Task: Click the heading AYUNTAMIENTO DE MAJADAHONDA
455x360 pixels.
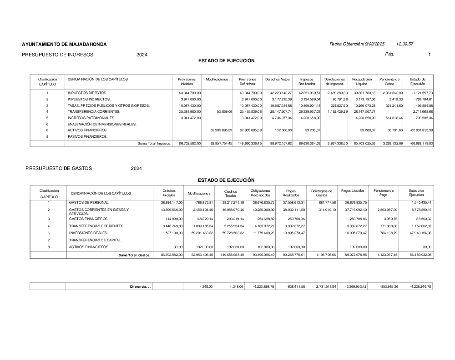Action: tap(64, 44)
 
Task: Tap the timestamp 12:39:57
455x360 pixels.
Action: tap(404, 44)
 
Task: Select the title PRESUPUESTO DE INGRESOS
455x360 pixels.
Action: tap(57, 55)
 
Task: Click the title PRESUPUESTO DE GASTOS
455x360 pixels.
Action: tap(59, 168)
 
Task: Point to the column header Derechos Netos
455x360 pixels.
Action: tap(278, 79)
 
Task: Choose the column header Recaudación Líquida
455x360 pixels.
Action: tap(362, 81)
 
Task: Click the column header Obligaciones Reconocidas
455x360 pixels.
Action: tap(260, 193)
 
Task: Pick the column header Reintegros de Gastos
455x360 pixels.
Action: tap(321, 193)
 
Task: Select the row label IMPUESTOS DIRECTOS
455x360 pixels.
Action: tap(87, 93)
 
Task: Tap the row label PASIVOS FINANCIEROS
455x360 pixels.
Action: tap(88, 136)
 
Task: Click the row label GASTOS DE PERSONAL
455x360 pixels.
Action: tap(89, 202)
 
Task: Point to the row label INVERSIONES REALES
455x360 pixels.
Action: tap(88, 233)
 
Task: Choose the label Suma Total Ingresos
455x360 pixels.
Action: tap(154, 144)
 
